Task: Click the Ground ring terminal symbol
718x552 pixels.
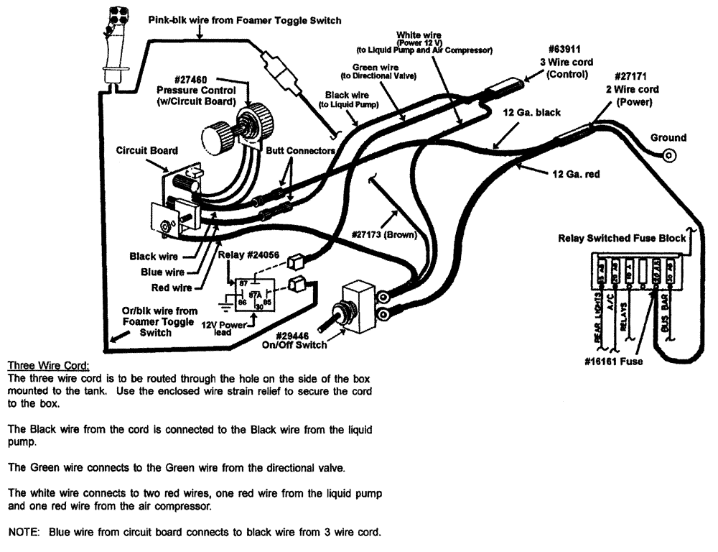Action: point(671,155)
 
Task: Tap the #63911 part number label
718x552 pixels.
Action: point(567,49)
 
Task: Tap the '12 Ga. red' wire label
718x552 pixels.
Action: point(577,174)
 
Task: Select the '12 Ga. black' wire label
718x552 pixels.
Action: point(533,113)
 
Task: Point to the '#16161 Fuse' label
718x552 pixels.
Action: point(614,361)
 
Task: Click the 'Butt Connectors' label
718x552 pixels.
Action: point(300,151)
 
